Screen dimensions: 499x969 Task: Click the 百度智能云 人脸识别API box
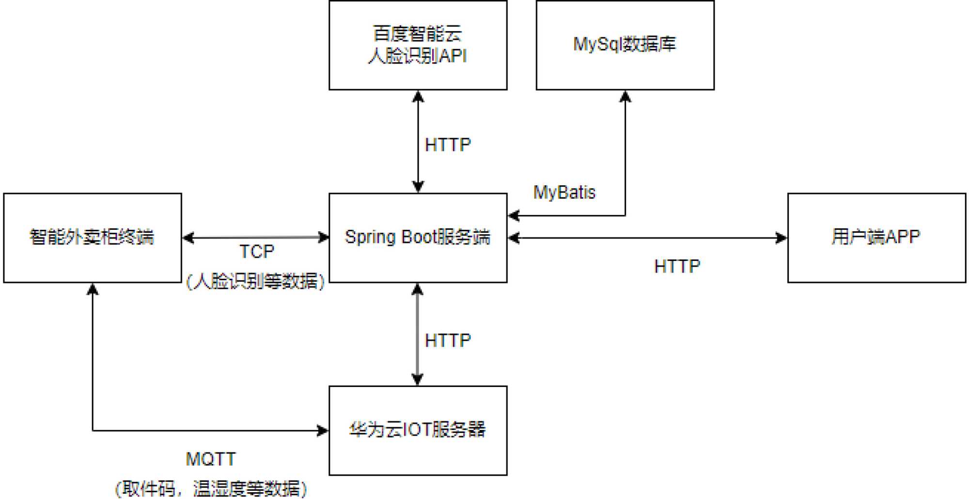coord(418,45)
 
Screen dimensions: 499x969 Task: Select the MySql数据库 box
coord(625,45)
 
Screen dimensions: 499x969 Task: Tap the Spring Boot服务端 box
coord(418,238)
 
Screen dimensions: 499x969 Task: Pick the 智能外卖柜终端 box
coord(92,238)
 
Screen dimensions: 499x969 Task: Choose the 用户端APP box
coord(876,238)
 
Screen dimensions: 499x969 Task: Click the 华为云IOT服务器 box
coord(418,430)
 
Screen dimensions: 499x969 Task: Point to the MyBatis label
coord(564,193)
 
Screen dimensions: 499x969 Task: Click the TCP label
coord(257,252)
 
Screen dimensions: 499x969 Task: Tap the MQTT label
coord(211,459)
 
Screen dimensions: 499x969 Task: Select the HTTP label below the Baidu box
coord(448,145)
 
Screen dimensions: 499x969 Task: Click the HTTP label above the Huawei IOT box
coord(448,340)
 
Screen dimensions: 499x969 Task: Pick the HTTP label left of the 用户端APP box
coord(677,266)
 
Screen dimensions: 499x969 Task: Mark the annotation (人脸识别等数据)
coord(255,281)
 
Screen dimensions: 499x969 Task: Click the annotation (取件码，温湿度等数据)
coord(211,488)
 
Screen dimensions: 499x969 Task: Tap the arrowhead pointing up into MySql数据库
coord(625,97)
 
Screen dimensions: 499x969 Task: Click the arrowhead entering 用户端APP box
coord(781,238)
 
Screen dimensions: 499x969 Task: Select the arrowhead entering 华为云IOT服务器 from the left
coord(323,430)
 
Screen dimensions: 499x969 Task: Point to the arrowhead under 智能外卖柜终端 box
coord(93,290)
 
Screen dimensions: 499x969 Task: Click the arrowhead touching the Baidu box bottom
coord(418,96)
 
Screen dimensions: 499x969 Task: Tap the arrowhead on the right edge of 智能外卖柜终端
coord(188,238)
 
